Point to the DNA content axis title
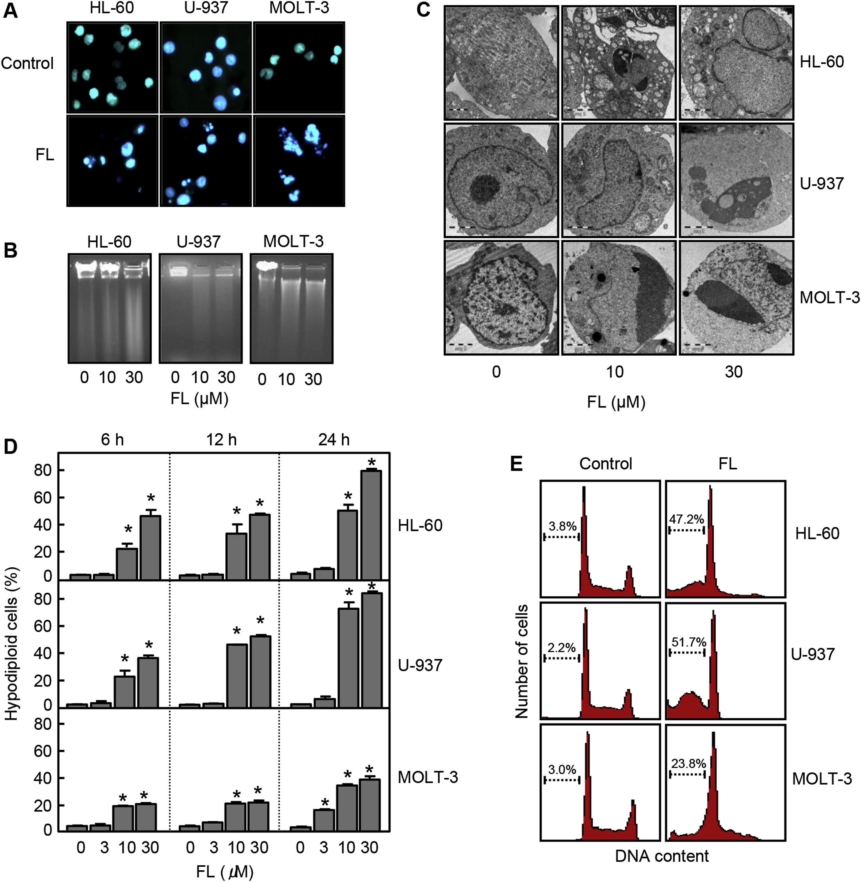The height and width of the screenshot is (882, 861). point(662,856)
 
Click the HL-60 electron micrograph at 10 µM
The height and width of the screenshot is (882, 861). point(618,63)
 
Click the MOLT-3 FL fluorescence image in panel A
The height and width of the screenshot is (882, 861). point(299,161)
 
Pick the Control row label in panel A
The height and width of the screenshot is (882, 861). point(27,63)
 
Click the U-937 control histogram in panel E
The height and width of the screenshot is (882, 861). point(600,660)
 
